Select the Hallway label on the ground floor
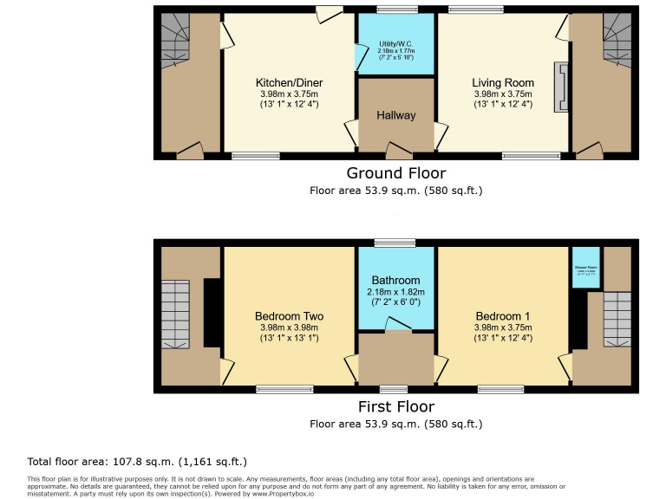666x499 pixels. [x=395, y=115]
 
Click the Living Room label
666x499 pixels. [x=503, y=83]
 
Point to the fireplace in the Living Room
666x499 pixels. [x=563, y=87]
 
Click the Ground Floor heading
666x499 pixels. [x=395, y=172]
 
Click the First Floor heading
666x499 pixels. [x=395, y=406]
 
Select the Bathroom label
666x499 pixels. [x=395, y=281]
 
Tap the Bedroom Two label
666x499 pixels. [x=289, y=316]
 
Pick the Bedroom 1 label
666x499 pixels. [x=503, y=316]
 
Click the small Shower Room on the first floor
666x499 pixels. [x=580, y=269]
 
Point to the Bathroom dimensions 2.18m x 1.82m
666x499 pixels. [x=395, y=293]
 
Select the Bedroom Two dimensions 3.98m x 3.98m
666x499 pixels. [x=289, y=328]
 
